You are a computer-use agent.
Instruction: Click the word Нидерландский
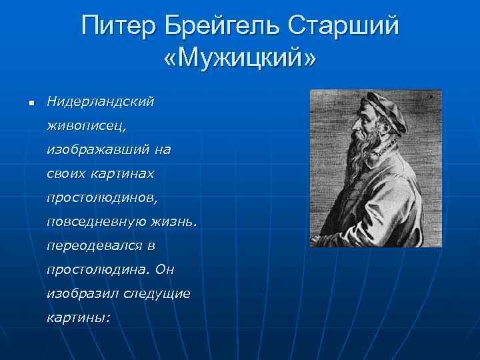click(x=100, y=102)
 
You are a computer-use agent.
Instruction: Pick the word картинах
click(x=123, y=174)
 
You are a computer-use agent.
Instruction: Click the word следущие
click(x=158, y=293)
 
